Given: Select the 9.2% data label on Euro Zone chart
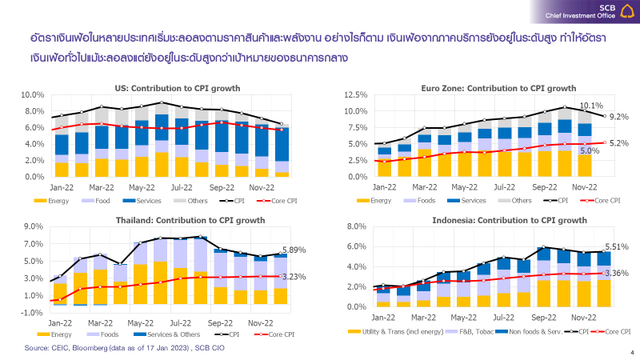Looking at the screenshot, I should point(618,117).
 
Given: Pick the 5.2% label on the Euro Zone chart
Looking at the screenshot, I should point(618,143).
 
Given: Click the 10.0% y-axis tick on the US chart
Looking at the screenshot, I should point(31,94).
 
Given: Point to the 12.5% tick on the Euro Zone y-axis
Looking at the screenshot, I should point(355,94).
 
